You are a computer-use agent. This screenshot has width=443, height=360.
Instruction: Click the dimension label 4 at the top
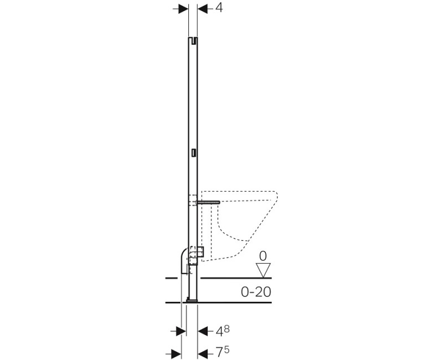tap(219, 8)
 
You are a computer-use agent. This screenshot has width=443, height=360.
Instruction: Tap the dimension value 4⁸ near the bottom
tap(223, 331)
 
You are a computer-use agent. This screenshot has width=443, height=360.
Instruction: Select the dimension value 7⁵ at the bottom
tap(223, 352)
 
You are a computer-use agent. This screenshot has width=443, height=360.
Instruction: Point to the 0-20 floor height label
tap(256, 292)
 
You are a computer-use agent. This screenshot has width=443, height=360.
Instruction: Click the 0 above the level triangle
tap(262, 256)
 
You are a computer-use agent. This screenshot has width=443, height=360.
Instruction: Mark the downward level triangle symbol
tap(263, 270)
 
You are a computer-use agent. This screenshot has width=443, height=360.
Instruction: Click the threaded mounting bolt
tap(209, 202)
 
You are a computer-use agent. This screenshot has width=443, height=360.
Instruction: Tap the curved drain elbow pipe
tap(184, 261)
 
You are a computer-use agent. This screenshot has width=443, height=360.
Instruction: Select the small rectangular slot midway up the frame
tap(193, 153)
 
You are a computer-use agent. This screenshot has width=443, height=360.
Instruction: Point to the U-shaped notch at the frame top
tap(193, 41)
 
